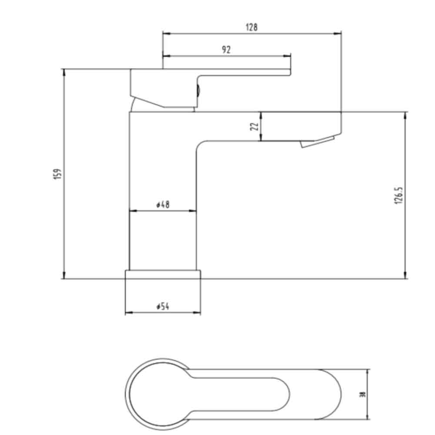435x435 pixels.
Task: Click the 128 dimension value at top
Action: (x=251, y=27)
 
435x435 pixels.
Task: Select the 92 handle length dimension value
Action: (x=226, y=50)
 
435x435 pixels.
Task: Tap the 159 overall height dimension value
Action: (x=58, y=174)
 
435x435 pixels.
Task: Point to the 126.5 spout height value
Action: (x=400, y=196)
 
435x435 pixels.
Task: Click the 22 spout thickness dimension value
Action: (x=255, y=126)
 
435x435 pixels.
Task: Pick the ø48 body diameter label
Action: (x=163, y=204)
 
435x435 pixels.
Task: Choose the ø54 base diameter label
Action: (x=163, y=307)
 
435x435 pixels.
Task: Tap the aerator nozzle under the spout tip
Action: (x=317, y=143)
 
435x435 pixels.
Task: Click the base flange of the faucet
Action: (x=163, y=274)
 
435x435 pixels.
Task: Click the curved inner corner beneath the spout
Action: (x=199, y=144)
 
